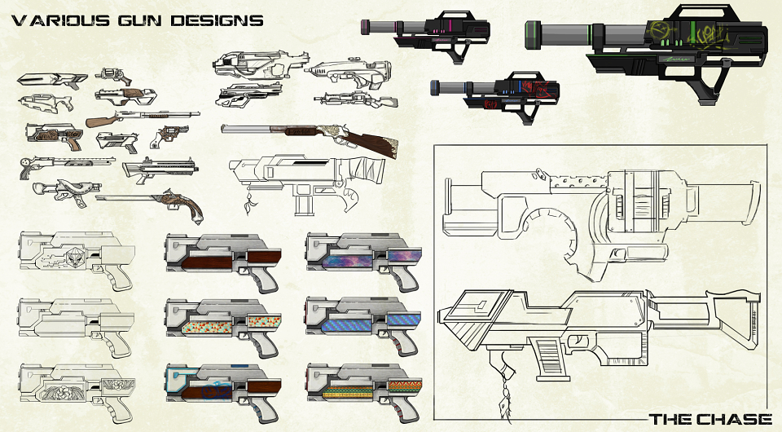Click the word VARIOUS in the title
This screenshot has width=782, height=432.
(60, 20)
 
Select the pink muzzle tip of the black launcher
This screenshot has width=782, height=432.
(365, 27)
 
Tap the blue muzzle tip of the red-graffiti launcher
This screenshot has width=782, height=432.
(434, 87)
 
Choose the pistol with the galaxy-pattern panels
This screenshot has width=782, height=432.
(364, 259)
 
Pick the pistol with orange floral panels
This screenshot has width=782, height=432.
(223, 326)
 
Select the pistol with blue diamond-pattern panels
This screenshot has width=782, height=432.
(364, 324)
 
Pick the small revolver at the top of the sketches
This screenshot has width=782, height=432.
(113, 76)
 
